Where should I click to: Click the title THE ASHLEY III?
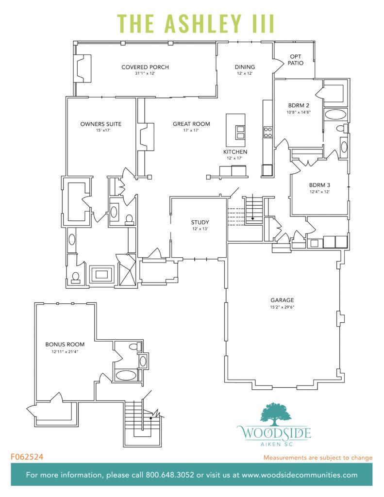click(196, 23)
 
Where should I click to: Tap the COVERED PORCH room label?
click(145, 67)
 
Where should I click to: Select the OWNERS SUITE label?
click(100, 124)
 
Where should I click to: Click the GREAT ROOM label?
click(191, 124)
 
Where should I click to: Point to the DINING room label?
click(245, 67)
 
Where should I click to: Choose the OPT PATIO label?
click(295, 60)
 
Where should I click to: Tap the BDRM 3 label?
click(319, 185)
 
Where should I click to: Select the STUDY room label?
click(199, 223)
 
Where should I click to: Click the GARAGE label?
click(282, 300)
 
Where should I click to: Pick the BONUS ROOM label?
click(62, 345)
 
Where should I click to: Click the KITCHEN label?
click(235, 152)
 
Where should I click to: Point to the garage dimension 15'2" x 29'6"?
click(282, 307)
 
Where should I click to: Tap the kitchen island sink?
click(240, 132)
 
